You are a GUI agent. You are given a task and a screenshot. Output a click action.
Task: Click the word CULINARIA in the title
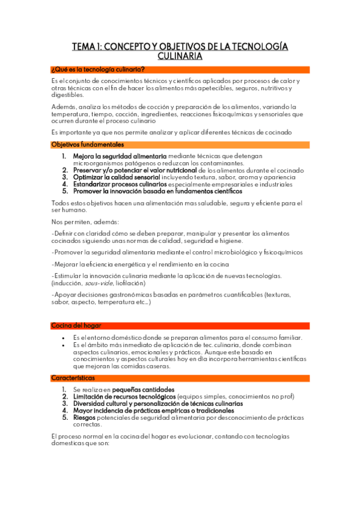180,56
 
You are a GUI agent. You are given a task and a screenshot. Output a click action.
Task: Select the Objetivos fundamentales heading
88,145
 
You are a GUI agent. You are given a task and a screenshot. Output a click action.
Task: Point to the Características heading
73,378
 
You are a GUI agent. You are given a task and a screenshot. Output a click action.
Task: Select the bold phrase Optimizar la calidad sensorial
117,177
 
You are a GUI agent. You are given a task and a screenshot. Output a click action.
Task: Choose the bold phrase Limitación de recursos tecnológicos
125,397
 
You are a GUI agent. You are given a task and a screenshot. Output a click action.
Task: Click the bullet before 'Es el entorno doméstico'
63,337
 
